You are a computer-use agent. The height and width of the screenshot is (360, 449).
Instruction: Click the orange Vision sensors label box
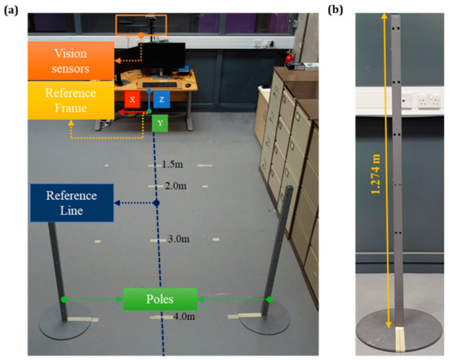(70, 60)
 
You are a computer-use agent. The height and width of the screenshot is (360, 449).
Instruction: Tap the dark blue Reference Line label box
(70, 203)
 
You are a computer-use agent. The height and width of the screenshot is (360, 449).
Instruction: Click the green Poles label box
(160, 299)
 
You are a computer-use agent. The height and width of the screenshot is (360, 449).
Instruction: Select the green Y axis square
(161, 122)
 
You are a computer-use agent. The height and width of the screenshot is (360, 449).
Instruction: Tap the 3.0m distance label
(179, 239)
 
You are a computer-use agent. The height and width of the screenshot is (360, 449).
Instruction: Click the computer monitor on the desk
(168, 60)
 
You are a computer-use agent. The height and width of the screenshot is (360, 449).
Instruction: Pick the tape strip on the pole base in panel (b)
(402, 340)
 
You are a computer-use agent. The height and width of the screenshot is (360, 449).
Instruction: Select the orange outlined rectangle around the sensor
(141, 26)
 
